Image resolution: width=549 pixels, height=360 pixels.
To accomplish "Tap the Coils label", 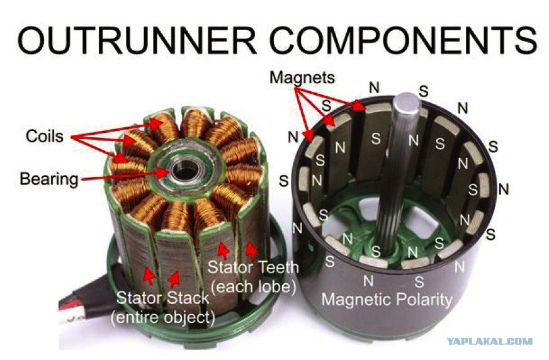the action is coord(45,136).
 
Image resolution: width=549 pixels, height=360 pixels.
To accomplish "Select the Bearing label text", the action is coord(49,179).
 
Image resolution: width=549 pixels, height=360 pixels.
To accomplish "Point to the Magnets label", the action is coord(302,77).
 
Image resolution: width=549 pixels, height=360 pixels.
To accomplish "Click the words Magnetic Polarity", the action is coord(387,300).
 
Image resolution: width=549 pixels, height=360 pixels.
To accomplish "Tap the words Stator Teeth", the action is coord(253,267).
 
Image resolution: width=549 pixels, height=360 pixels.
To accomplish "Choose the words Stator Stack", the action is coord(162,298).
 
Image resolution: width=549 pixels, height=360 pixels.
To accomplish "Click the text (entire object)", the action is coord(163,318).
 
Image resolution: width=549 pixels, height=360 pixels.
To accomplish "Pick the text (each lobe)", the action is coord(254,287).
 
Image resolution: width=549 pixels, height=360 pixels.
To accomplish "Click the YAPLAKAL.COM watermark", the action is coord(490,341).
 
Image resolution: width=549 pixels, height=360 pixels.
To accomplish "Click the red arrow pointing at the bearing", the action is coord(125,176).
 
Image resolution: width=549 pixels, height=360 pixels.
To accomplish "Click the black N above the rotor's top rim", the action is coord(374,87).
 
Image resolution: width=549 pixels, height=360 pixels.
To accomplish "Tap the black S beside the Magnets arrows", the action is coord(326,106).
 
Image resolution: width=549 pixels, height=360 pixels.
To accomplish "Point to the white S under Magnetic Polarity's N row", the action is coord(419,281).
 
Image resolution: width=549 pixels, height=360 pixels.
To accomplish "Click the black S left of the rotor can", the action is coord(284,181).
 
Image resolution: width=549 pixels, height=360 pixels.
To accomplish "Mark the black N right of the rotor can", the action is coord(504,189).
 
